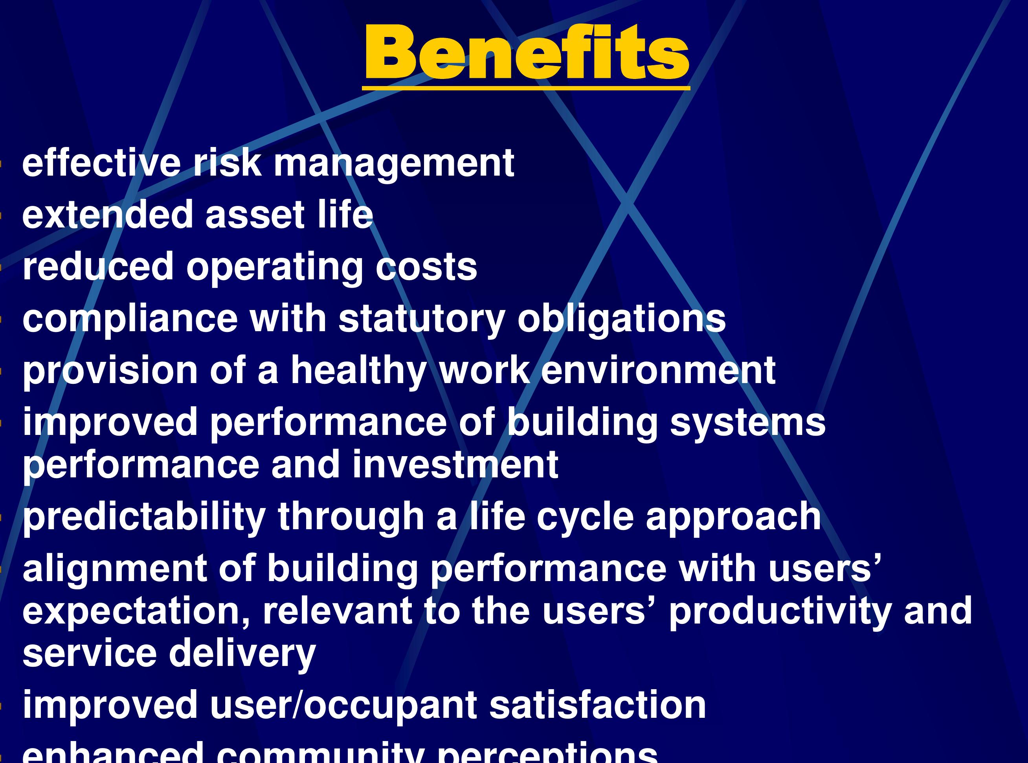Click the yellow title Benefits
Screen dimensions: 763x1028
527,52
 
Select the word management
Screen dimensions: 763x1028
394,164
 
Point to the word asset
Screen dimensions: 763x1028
255,215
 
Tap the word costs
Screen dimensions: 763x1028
426,267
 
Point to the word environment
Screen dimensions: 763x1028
658,370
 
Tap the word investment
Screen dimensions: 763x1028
455,465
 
